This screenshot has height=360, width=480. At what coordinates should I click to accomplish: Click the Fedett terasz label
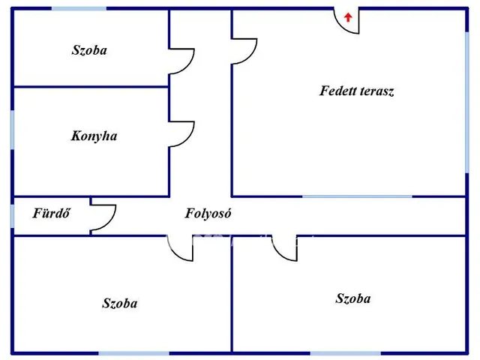point(357,91)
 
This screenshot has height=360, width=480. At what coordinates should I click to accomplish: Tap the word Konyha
point(94,136)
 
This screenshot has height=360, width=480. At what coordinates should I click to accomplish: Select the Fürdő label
point(51,213)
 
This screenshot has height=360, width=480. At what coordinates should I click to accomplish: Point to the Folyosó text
point(208,213)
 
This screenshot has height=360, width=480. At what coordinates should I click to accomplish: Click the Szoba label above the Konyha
point(89,50)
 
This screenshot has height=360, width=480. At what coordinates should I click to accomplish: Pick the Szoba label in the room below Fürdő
point(120,303)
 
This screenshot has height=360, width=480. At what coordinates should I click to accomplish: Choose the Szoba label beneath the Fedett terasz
point(353,298)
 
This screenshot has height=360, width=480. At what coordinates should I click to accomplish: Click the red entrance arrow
point(348,17)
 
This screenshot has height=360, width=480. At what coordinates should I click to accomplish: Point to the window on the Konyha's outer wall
point(12,130)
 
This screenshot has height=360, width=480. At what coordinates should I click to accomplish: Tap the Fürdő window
point(12,216)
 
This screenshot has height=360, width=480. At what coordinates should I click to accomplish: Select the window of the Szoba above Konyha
point(79,8)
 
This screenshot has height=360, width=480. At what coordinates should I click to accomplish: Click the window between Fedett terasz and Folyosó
point(357,196)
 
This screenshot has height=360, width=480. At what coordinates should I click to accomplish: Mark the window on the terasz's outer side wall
point(467,102)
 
